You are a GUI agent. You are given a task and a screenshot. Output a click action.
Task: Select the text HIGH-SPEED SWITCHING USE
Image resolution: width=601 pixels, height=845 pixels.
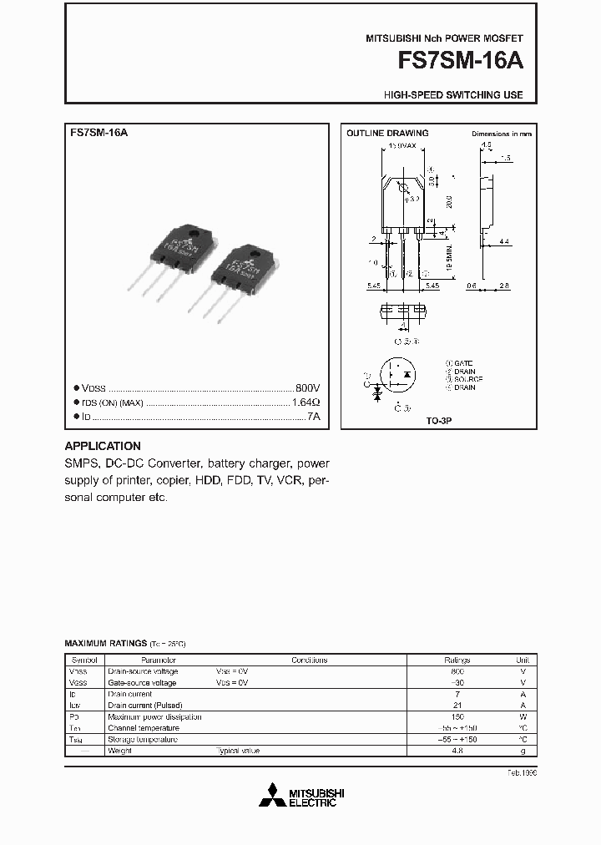click(453, 95)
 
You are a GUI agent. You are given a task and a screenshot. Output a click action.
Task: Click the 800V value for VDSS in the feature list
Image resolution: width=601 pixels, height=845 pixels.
click(307, 389)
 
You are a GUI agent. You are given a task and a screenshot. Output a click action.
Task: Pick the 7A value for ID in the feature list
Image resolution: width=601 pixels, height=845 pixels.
click(313, 416)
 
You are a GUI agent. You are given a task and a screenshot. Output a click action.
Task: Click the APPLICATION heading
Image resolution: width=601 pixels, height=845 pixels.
click(103, 446)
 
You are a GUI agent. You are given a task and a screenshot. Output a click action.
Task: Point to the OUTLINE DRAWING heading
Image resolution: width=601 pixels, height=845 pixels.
click(387, 134)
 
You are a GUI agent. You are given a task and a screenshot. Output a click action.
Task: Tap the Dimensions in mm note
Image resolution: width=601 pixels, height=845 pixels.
click(501, 134)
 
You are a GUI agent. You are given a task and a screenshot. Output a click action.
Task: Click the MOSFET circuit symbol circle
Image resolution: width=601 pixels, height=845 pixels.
click(398, 378)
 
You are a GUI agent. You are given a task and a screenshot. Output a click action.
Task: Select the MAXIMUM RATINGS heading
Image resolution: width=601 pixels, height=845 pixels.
click(105, 644)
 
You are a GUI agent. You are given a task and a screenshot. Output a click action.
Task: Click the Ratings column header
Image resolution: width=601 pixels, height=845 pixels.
click(457, 660)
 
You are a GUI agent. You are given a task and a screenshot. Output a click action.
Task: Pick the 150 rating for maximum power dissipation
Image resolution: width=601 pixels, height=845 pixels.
click(457, 716)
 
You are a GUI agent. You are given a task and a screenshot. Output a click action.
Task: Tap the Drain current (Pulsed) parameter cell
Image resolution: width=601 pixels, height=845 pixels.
click(144, 706)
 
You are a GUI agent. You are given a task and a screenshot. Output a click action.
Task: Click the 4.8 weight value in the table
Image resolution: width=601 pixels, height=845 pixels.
click(457, 751)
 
